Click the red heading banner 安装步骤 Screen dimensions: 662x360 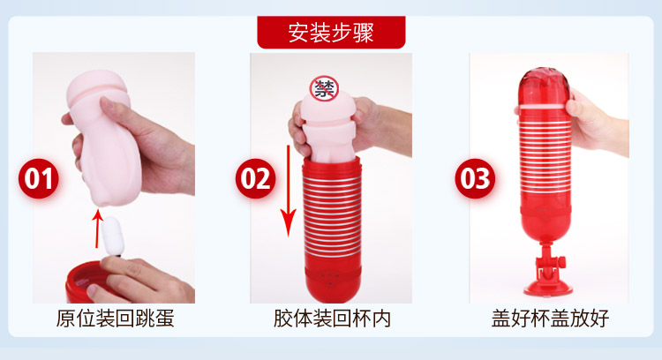click(x=331, y=32)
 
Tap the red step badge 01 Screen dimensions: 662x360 click(x=39, y=178)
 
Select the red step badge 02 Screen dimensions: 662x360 click(x=255, y=178)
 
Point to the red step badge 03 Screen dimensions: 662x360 click(x=475, y=178)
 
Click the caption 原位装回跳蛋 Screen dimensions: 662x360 click(x=115, y=319)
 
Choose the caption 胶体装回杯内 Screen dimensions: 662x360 click(x=332, y=319)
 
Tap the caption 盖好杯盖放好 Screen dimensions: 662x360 click(x=550, y=319)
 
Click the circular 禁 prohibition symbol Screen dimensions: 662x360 click(x=324, y=88)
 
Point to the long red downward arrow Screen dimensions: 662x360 click(x=289, y=191)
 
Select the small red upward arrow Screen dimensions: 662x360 click(x=97, y=229)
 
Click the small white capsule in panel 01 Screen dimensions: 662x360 click(x=113, y=236)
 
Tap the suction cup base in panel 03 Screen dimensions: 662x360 click(x=548, y=288)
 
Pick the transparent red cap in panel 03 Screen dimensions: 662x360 click(x=545, y=87)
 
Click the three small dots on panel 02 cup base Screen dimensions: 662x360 click(x=330, y=275)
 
